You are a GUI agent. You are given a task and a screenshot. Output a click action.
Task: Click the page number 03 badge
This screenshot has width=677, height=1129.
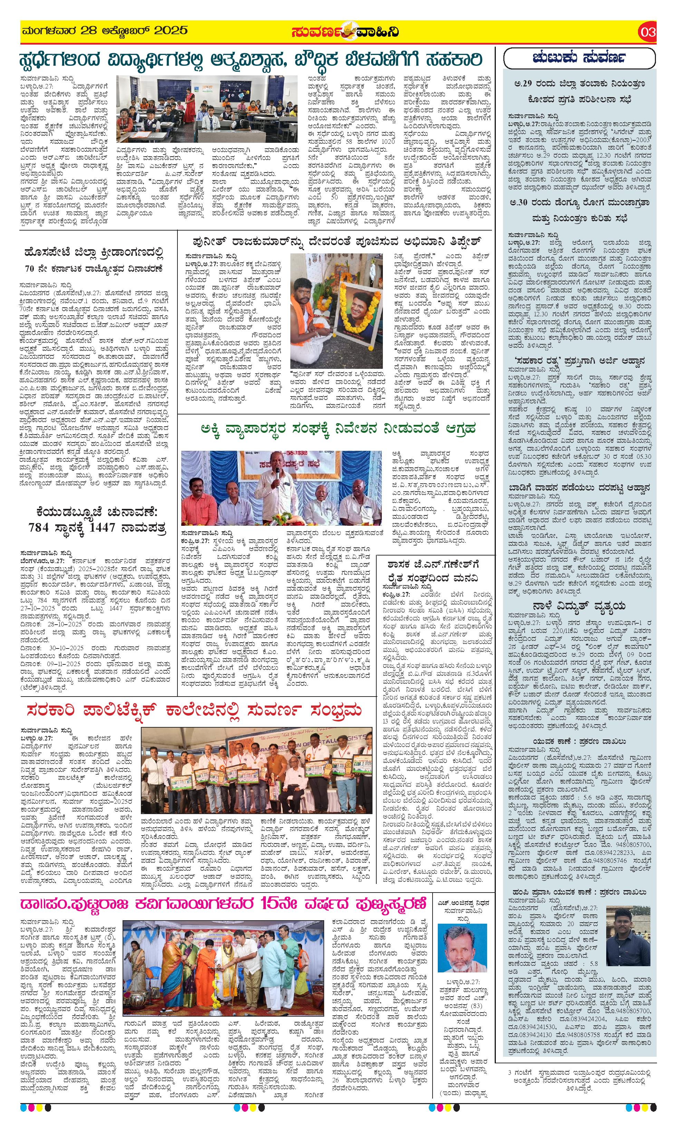point(647,32)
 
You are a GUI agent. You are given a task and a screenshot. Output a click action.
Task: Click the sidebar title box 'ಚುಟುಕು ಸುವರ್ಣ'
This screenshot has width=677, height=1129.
point(579,58)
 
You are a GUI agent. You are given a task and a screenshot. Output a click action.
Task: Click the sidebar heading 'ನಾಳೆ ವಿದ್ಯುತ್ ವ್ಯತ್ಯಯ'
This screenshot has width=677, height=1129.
point(579,606)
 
